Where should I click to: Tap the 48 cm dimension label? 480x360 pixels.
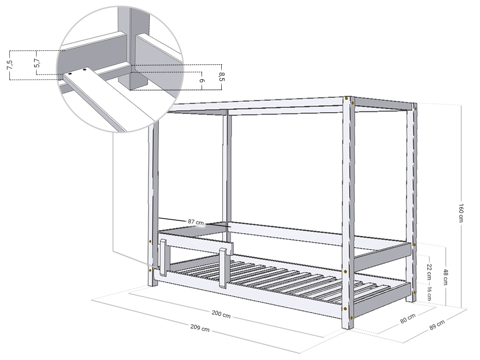[x=445, y=277]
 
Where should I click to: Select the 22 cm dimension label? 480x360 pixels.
[x=430, y=271]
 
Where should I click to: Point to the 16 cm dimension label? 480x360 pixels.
[x=430, y=294]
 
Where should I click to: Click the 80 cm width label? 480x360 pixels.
[x=408, y=319]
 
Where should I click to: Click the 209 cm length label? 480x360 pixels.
[x=200, y=328]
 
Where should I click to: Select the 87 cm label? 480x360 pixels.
[x=196, y=221]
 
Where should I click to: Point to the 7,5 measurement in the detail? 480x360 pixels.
[x=9, y=65]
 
